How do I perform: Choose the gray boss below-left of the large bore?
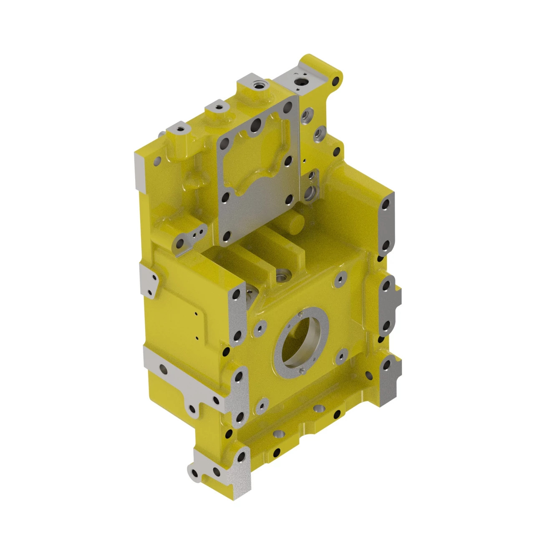262,404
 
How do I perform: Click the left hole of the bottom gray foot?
194,473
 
